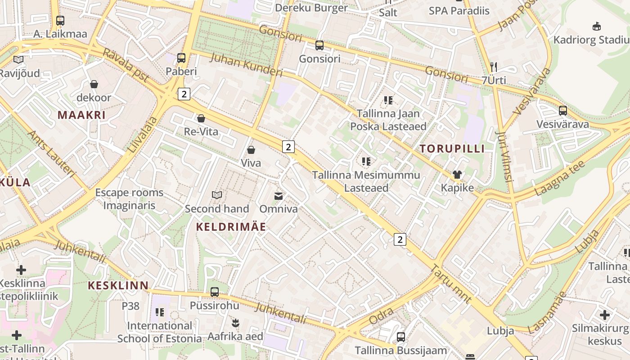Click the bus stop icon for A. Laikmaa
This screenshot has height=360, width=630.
coord(60,20)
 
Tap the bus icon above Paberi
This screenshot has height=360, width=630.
coord(181,58)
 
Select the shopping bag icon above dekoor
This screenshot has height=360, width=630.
coord(94,84)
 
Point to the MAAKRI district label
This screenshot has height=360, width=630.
coord(81,115)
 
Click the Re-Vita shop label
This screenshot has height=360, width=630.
coord(201,131)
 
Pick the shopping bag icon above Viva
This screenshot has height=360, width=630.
coord(251,150)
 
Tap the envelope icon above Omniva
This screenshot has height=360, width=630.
coord(279,196)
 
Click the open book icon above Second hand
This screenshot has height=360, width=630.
coord(217,195)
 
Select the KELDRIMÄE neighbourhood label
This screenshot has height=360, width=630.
coord(231,227)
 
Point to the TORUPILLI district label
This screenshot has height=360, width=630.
coord(452,149)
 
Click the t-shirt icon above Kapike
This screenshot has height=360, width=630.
coord(457,175)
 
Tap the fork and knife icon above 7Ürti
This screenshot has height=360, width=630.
coord(494,67)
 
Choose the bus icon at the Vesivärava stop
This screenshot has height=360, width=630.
coord(562,111)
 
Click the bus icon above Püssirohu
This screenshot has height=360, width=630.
coord(215,292)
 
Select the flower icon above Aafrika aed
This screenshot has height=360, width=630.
coord(235,323)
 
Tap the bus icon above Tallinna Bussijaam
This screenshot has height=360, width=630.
coord(400,337)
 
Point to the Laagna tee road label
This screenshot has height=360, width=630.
coord(559,178)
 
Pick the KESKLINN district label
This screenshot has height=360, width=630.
coord(118,285)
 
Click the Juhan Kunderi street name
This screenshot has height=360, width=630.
coord(246,65)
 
